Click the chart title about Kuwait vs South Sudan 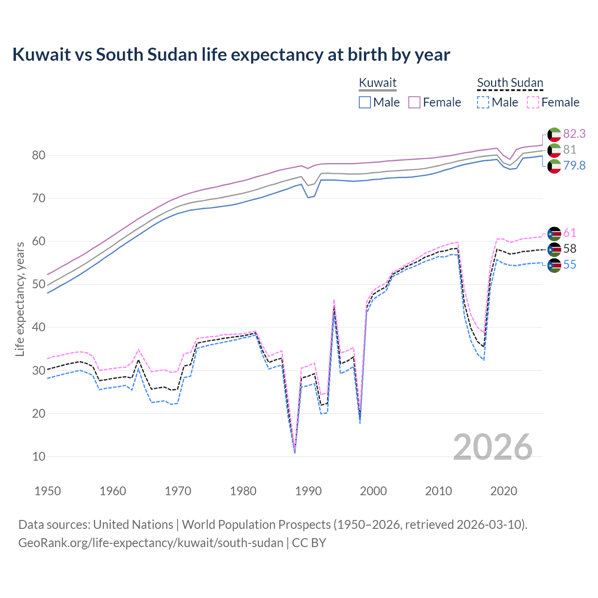coord(231,55)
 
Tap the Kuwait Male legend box coord(365,102)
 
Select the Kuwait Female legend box coord(415,102)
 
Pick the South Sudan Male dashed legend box coord(483,102)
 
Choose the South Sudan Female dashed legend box coord(533,102)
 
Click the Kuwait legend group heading coord(377,83)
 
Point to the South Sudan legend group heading coord(510,83)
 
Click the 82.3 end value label coord(574,134)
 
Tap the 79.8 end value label coord(574,165)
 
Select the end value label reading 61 coord(570,233)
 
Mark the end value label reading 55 coord(570,264)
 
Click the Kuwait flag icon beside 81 coord(554,150)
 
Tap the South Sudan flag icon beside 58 coord(554,249)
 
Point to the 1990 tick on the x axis coord(308,491)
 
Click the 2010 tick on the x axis coord(438,491)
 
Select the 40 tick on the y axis coord(39,327)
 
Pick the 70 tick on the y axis coord(39,198)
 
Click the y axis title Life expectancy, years coord(20,299)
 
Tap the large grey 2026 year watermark coord(492,447)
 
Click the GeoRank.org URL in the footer coord(150,543)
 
